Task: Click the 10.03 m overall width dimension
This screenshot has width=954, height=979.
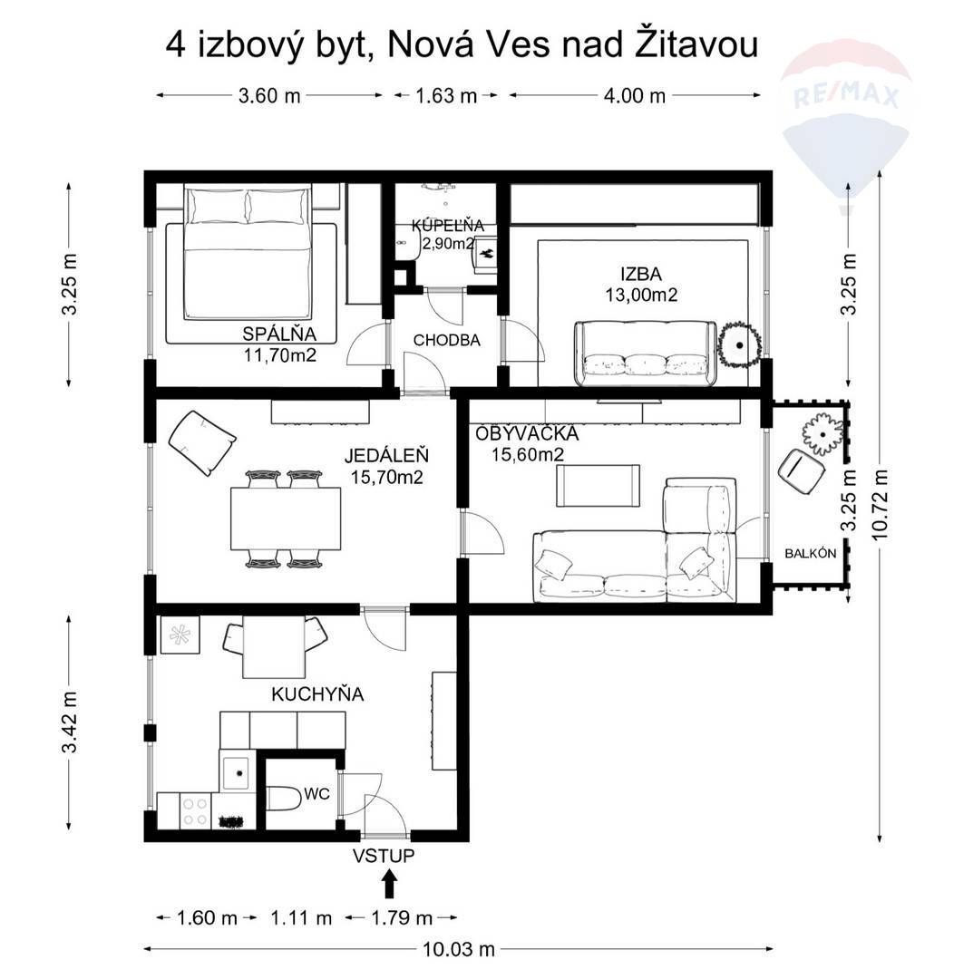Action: (459, 949)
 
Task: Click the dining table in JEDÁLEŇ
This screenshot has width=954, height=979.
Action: (286, 519)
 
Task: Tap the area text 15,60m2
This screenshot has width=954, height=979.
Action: (528, 455)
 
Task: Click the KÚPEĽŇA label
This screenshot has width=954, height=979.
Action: (447, 225)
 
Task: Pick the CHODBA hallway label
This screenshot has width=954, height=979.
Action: (446, 340)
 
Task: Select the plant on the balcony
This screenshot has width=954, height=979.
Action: (823, 433)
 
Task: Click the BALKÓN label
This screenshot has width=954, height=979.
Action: (810, 553)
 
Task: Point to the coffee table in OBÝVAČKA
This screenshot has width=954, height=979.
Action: (597, 485)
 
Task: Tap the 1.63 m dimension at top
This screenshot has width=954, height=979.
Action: (445, 95)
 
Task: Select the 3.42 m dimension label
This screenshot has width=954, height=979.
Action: (69, 722)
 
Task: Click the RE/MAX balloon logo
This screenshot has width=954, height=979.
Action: (845, 118)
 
